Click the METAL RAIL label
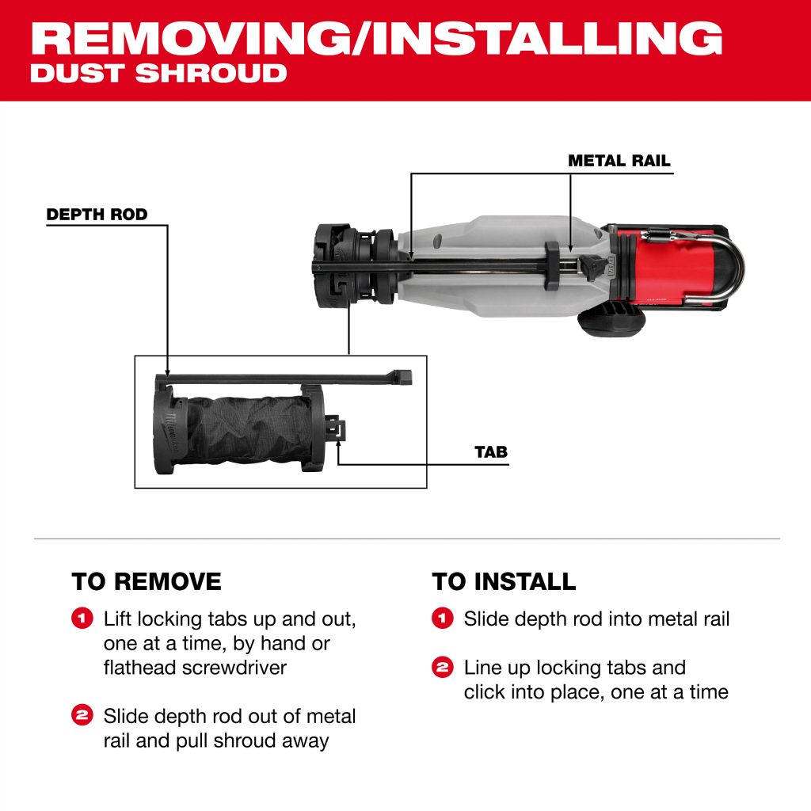pyautogui.click(x=619, y=160)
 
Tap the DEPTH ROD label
pyautogui.click(x=97, y=214)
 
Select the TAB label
pyautogui.click(x=491, y=452)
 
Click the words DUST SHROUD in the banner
pyautogui.click(x=158, y=73)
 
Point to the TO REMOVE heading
pyautogui.click(x=147, y=581)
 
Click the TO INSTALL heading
pyautogui.click(x=504, y=581)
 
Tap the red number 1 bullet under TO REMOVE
pyautogui.click(x=82, y=618)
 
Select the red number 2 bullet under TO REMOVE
pyautogui.click(x=82, y=715)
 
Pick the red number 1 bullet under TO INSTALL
pyautogui.click(x=442, y=618)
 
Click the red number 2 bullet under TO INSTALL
pyautogui.click(x=442, y=667)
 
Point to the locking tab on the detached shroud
pyautogui.click(x=335, y=428)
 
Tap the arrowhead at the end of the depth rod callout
pyautogui.click(x=167, y=372)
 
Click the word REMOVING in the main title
pyautogui.click(x=190, y=38)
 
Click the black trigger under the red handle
pyautogui.click(x=612, y=321)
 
